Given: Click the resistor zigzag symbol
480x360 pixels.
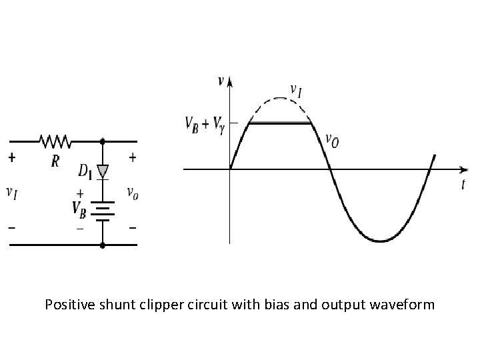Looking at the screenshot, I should pos(56,141).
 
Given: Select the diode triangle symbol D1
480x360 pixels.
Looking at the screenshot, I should pos(102,170).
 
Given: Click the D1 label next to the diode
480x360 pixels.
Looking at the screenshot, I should pos(85,172).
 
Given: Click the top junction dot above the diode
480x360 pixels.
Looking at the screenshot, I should pos(102,141).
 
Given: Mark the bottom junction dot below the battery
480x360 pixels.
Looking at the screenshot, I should pos(102,245).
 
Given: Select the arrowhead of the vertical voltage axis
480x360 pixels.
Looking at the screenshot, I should pos(230,82).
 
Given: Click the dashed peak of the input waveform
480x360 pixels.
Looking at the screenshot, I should pos(281,99).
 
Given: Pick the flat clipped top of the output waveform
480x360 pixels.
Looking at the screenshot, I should pos(281,123).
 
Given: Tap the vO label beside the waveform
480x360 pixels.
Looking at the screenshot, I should pos(332,141).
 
